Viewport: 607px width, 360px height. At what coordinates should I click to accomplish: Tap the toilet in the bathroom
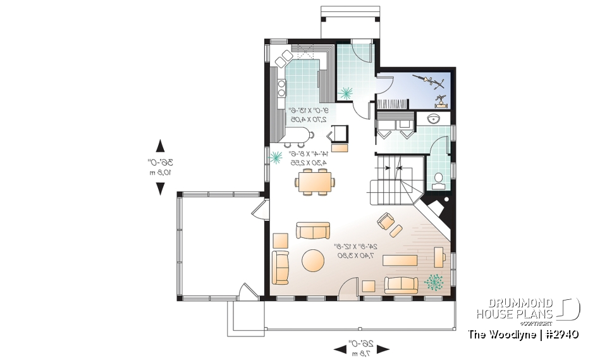(x=438, y=182)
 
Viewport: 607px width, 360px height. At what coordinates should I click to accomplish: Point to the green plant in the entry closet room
(x=345, y=93)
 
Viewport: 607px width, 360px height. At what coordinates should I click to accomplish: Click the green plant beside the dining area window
(x=276, y=158)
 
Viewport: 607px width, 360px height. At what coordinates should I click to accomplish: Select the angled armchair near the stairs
(x=385, y=221)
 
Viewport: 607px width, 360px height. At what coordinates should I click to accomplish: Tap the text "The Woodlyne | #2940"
(x=524, y=334)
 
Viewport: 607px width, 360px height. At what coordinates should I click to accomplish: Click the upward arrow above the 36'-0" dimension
(x=161, y=145)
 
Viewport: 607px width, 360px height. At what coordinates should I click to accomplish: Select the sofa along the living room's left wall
(x=280, y=267)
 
